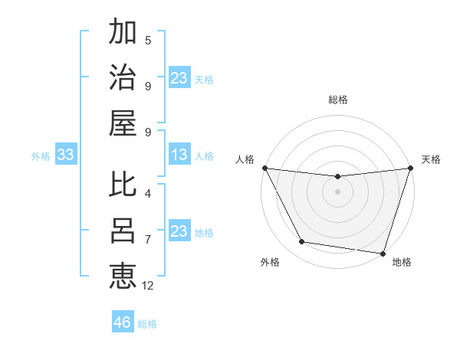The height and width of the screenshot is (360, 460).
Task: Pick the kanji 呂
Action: click(x=123, y=231)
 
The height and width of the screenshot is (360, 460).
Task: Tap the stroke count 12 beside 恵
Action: click(x=148, y=286)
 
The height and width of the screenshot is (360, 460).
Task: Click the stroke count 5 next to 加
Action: click(x=148, y=40)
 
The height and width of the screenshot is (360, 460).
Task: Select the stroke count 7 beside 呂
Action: click(x=148, y=240)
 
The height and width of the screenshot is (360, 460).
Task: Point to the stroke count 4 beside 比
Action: click(x=148, y=193)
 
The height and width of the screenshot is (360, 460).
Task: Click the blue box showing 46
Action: click(x=122, y=322)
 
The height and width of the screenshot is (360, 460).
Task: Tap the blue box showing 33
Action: click(x=65, y=155)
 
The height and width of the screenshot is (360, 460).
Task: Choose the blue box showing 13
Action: click(x=179, y=155)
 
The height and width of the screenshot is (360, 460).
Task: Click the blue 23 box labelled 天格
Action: click(x=179, y=78)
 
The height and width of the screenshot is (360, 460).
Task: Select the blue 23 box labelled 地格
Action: click(x=179, y=231)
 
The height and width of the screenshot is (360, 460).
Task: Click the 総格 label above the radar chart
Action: click(x=337, y=100)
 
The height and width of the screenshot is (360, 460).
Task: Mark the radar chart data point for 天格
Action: click(x=410, y=168)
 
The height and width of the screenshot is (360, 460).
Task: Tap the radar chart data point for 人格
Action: click(x=264, y=168)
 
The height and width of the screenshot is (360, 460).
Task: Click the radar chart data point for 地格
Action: click(x=383, y=253)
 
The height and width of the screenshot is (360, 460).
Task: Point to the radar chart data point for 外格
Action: click(x=301, y=242)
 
